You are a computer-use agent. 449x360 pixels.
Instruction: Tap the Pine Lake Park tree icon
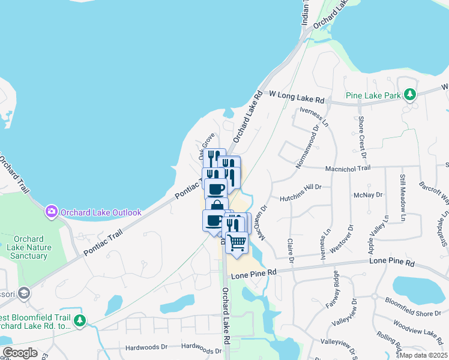410,94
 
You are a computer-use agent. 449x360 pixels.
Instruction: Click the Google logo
20,353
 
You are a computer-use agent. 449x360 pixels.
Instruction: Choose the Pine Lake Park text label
373,95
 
